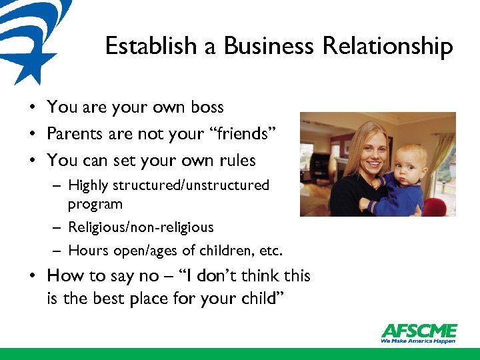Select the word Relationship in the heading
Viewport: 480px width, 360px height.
(387, 47)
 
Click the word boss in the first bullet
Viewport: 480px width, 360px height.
(206, 107)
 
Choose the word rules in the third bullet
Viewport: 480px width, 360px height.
(237, 161)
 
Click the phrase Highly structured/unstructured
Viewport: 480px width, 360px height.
(169, 185)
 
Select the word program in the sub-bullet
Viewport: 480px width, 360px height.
(95, 203)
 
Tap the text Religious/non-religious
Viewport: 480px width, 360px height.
(141, 227)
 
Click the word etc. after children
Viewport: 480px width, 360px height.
(271, 251)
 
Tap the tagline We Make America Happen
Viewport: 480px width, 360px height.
(418, 341)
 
